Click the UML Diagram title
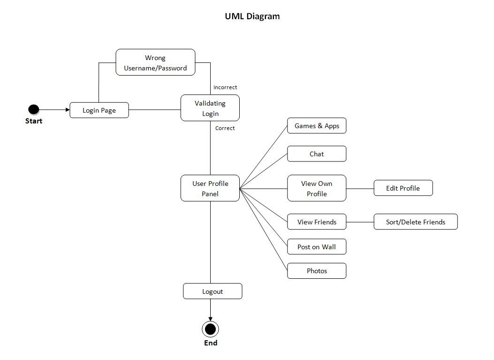tap(252, 16)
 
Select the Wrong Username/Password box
tap(155, 62)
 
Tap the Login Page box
tap(99, 110)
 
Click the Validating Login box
tap(210, 108)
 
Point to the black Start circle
tap(33, 110)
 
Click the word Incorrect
tap(225, 87)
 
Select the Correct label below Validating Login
tap(225, 128)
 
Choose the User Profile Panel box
tap(210, 188)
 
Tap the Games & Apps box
tap(317, 126)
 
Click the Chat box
tap(317, 154)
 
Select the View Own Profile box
tap(317, 188)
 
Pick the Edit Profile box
tap(403, 188)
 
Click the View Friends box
tap(317, 222)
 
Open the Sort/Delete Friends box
tap(415, 222)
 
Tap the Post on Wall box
tap(317, 247)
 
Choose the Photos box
tap(317, 271)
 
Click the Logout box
tap(213, 291)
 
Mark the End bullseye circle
tap(210, 329)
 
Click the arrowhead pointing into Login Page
tap(67, 110)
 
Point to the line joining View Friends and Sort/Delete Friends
tap(360, 222)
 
